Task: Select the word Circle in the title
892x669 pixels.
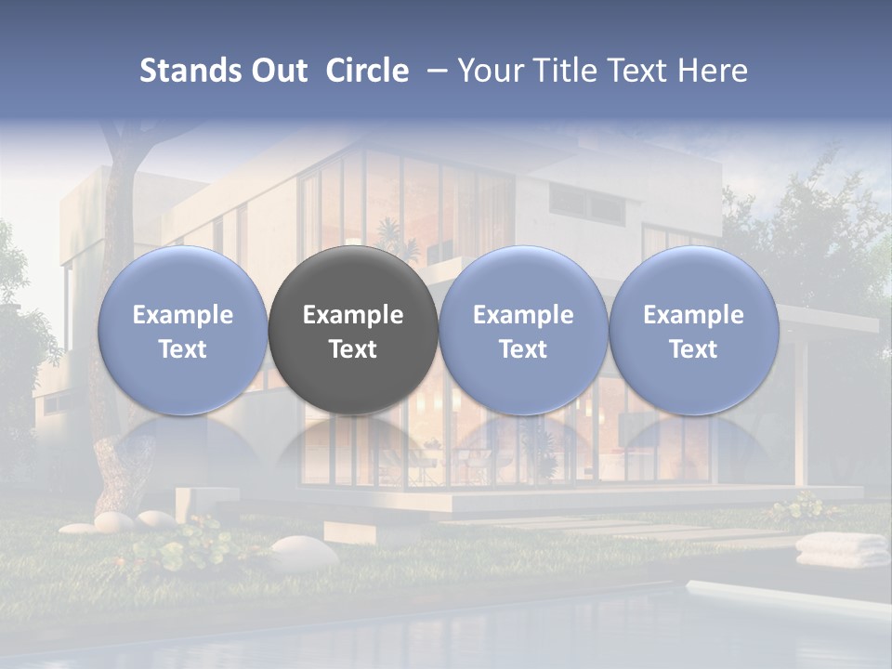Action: (x=367, y=71)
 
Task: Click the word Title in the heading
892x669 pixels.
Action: (x=559, y=71)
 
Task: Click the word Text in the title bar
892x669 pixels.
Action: (x=635, y=71)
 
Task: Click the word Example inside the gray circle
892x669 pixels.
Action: (x=353, y=315)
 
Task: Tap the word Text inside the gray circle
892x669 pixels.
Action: (x=353, y=349)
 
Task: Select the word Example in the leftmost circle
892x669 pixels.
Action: (x=182, y=315)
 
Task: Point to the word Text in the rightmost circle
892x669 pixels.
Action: (x=693, y=349)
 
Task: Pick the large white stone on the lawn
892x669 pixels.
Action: (x=304, y=553)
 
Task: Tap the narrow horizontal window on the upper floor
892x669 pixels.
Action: (x=585, y=202)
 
